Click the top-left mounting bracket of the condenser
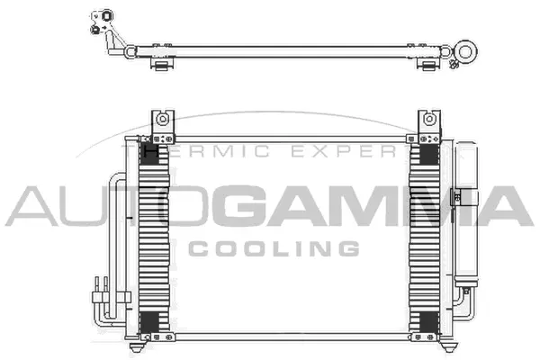point(162,121)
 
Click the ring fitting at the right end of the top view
point(466,50)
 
